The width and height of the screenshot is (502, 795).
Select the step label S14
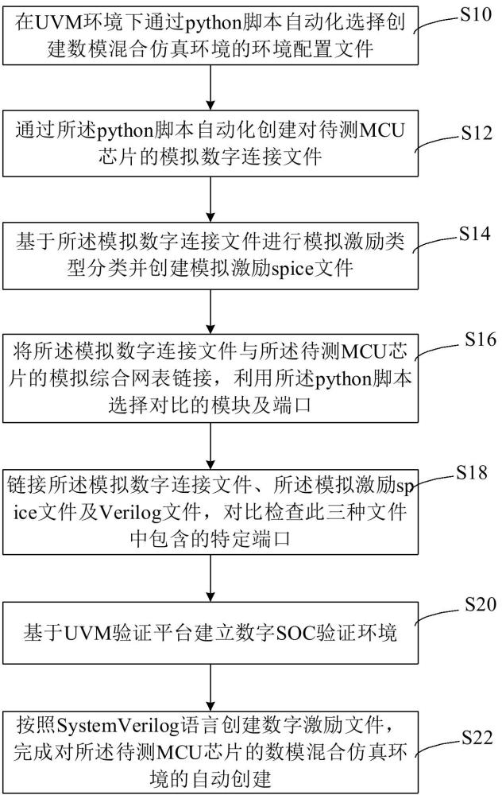(475, 236)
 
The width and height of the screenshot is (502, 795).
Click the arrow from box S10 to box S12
(210, 87)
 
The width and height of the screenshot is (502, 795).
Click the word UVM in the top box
(54, 21)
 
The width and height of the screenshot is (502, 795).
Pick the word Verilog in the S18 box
(127, 513)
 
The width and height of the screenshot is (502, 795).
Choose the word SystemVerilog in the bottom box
(103, 727)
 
